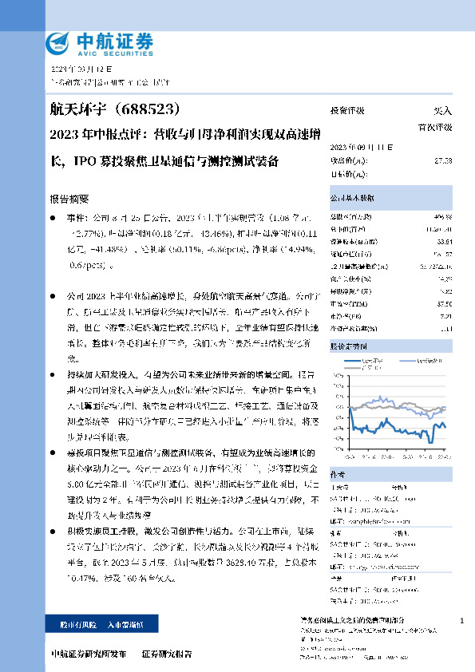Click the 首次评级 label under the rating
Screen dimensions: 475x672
434,126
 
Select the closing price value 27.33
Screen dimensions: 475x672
443,160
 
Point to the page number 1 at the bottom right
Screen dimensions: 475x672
462,620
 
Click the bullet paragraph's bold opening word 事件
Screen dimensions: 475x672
75,216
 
